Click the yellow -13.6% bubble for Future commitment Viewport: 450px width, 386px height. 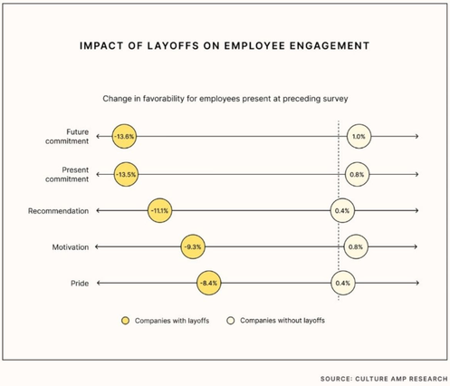point(124,136)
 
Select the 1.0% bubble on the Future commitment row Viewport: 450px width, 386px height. point(359,136)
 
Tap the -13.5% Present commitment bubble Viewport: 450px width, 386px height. point(126,174)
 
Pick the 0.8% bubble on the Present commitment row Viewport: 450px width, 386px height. point(357,174)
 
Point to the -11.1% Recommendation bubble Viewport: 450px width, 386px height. point(159,210)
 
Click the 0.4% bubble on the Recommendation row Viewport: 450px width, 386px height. point(342,210)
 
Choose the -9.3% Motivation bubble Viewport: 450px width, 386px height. point(193,246)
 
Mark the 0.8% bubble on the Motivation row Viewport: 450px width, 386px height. point(356,246)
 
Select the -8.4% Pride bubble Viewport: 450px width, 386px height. point(209,283)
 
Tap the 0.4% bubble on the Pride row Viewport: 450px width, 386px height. point(343,283)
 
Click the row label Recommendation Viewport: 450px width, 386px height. point(58,211)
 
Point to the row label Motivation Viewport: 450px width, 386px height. point(71,247)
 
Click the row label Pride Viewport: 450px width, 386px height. point(80,284)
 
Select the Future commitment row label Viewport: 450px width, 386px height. point(67,137)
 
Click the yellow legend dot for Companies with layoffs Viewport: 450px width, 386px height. point(125,321)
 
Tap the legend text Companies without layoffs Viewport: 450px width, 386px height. point(282,321)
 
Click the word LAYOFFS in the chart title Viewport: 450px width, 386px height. point(173,45)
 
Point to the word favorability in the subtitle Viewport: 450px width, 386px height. point(163,99)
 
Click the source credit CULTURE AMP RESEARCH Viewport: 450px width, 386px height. point(401,379)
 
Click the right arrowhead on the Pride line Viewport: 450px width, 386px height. point(417,283)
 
